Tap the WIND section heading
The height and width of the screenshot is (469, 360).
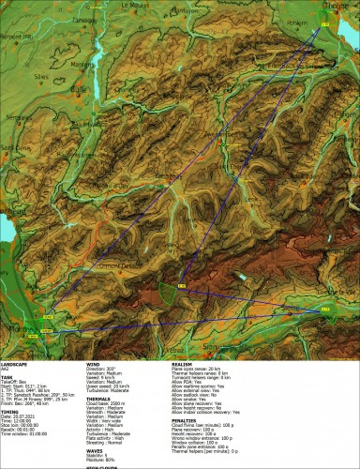pyautogui.click(x=94, y=361)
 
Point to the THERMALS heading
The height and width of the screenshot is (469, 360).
pyautogui.click(x=99, y=398)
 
